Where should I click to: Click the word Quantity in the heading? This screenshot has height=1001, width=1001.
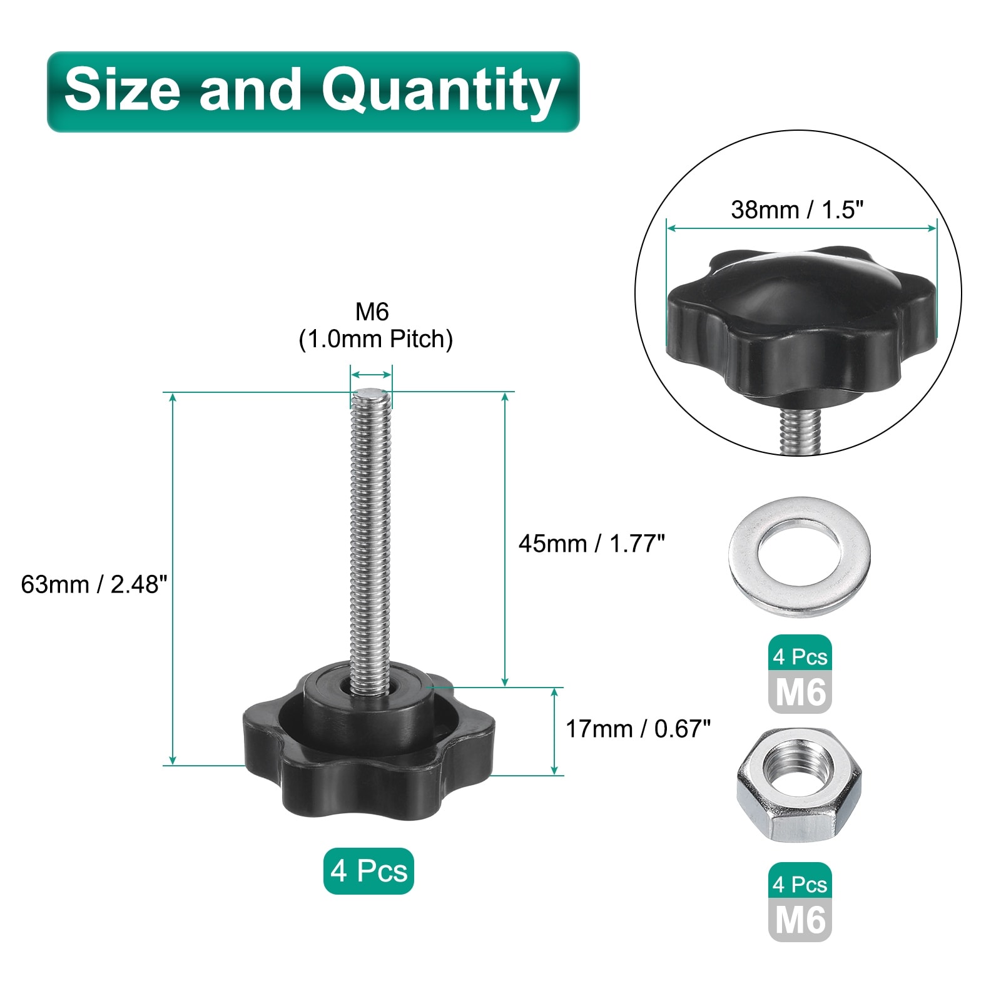coord(440,91)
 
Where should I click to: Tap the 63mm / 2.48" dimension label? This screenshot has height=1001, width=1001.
coord(94,584)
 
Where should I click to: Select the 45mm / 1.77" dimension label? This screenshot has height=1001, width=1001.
coord(591,544)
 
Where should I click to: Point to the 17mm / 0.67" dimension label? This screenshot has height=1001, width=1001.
coord(638,729)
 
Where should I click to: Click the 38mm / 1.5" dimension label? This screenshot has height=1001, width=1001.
coord(797,210)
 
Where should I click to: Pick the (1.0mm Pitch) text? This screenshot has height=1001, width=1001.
coord(375,339)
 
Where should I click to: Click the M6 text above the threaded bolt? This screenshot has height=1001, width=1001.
coord(372,311)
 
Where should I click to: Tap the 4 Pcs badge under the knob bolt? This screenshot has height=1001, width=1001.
coord(368,871)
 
